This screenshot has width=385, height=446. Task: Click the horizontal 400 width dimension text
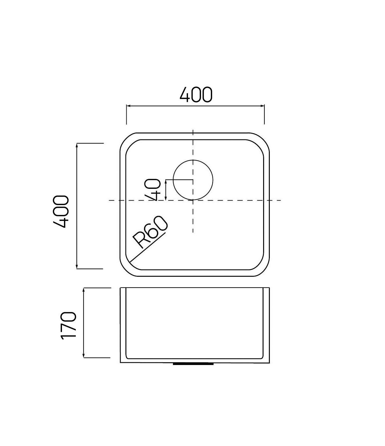tap(196, 95)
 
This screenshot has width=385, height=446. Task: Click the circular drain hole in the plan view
tap(193, 180)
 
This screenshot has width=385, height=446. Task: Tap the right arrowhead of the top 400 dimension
tap(263, 106)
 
